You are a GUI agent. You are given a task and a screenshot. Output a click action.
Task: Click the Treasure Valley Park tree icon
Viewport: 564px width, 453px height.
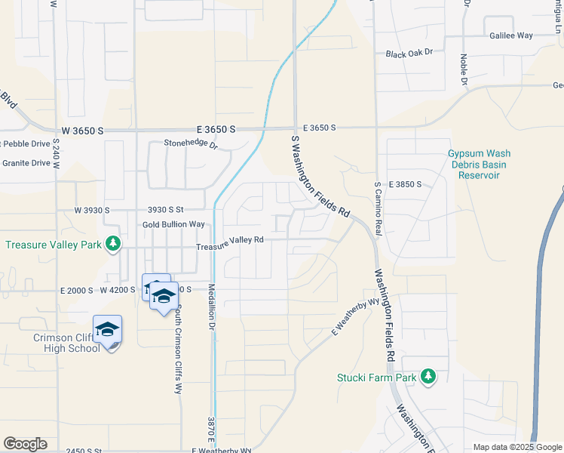tap(113, 243)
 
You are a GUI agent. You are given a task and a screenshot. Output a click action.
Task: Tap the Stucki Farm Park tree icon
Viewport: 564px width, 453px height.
tap(428, 376)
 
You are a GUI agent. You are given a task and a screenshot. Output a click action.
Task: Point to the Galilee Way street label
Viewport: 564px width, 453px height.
tap(511, 35)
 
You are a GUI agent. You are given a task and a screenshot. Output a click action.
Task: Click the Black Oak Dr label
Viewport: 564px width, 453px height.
tap(409, 54)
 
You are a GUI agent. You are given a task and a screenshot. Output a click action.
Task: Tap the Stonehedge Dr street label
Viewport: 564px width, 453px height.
tap(191, 143)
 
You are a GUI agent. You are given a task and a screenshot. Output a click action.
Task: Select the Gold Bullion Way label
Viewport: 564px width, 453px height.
tap(173, 224)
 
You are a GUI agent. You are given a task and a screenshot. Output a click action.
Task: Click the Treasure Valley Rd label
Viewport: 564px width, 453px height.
tap(229, 240)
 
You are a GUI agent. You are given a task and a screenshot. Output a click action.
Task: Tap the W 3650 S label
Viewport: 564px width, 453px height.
tap(82, 131)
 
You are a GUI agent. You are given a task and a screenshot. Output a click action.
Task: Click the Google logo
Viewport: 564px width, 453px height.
tap(25, 444)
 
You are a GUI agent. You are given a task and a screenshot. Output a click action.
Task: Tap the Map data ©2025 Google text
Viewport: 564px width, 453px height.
tap(516, 447)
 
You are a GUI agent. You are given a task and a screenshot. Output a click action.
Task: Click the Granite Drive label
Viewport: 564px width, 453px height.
tap(26, 162)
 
